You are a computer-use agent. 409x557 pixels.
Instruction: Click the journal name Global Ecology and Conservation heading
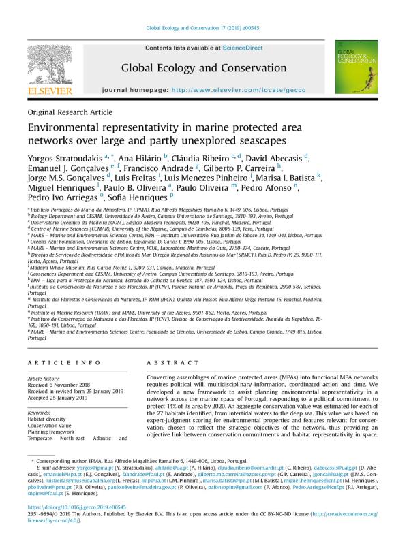coord(204,68)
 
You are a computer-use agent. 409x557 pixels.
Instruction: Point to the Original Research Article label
coord(70,112)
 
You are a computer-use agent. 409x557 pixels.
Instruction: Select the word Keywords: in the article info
coord(41,413)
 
